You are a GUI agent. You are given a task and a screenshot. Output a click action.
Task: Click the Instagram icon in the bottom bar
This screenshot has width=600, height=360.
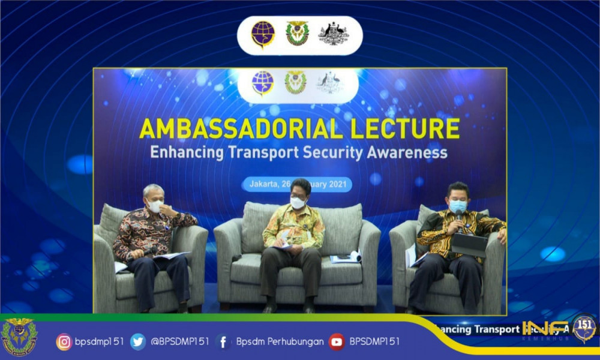[x=64, y=341]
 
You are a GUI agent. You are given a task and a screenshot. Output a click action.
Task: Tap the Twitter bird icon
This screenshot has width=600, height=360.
[x=138, y=341]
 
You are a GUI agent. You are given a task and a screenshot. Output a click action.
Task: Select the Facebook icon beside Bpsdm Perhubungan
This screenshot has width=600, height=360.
[x=223, y=341]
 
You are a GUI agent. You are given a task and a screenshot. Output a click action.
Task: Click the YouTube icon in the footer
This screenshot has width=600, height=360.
[x=337, y=341]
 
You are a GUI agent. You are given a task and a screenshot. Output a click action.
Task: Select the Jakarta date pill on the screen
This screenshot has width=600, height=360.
[x=297, y=184]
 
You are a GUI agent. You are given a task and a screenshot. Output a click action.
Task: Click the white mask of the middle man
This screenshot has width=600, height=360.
[x=298, y=203]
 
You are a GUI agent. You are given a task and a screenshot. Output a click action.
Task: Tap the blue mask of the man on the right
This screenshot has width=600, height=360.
[x=458, y=206]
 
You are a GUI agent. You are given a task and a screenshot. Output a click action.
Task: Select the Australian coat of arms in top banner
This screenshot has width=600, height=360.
[x=333, y=34]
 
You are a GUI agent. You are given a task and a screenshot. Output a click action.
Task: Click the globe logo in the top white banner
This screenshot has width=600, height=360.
[x=263, y=34]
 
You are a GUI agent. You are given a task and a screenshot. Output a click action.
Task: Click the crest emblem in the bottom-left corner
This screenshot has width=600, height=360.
[x=19, y=337]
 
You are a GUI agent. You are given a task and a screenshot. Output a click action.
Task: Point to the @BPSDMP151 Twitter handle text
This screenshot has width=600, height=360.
[x=180, y=341]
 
